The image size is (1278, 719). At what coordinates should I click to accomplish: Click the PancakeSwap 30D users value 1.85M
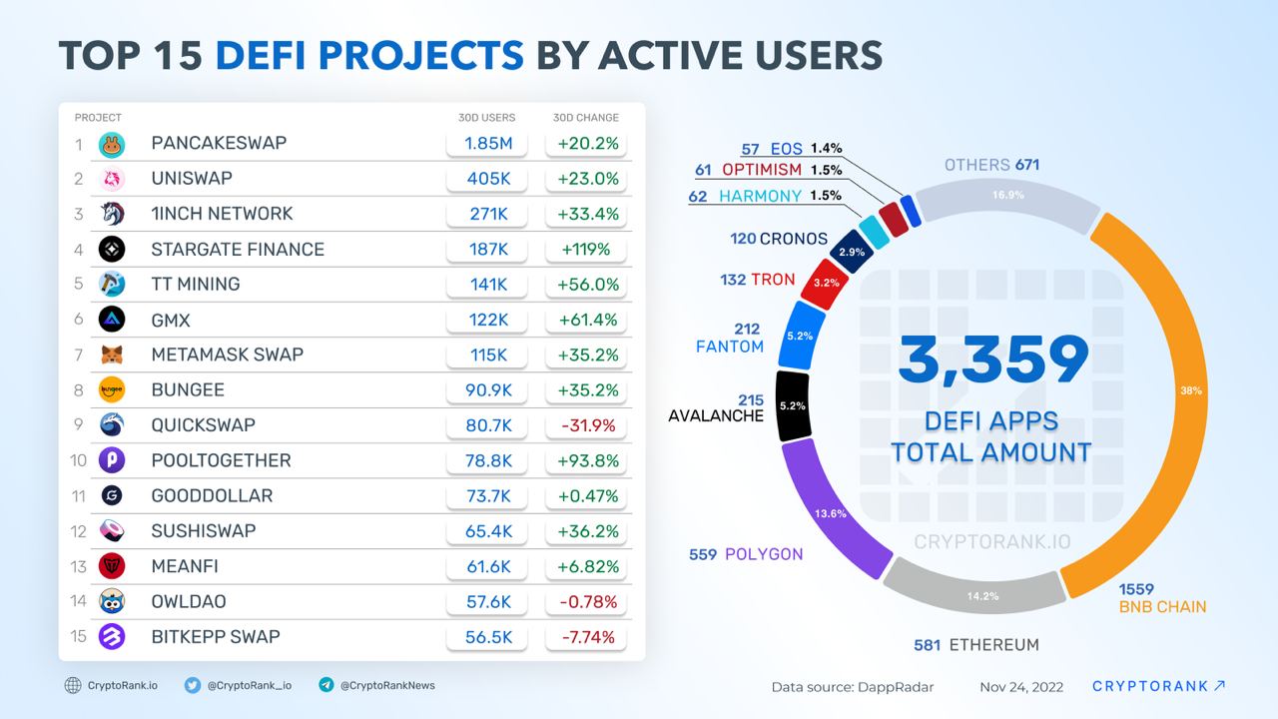[488, 143]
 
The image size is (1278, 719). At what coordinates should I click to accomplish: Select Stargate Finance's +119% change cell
[585, 249]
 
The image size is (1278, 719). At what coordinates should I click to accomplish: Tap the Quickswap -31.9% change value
[585, 425]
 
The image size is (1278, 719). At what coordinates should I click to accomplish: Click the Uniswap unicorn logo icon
[112, 179]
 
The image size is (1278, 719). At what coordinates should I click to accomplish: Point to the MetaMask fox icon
[112, 355]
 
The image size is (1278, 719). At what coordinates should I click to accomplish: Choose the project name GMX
[171, 320]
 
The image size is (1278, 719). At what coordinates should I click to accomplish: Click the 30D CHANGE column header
[585, 118]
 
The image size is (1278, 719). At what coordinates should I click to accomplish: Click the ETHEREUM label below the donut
[993, 645]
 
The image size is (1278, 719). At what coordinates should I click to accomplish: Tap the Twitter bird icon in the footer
[193, 685]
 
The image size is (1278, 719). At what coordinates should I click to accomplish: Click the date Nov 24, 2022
[1021, 687]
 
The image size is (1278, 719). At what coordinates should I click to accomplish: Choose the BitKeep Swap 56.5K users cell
[488, 637]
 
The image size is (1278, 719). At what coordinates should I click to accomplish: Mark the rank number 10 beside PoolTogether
[78, 460]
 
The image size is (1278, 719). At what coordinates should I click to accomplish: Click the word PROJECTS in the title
[369, 56]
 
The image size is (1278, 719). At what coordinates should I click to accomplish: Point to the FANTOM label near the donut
[730, 347]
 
